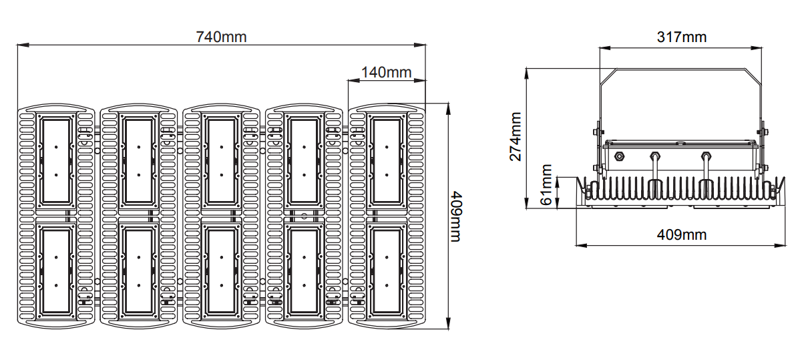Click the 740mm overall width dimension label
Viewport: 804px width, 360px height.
221,37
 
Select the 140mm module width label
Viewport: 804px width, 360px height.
386,72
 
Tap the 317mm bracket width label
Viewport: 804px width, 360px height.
680,37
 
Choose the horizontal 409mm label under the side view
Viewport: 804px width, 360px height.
680,234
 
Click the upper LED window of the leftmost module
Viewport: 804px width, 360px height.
56,161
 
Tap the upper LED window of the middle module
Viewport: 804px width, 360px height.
221,161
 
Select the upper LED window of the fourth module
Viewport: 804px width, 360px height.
304,161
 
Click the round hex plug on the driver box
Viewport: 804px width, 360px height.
618,157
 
